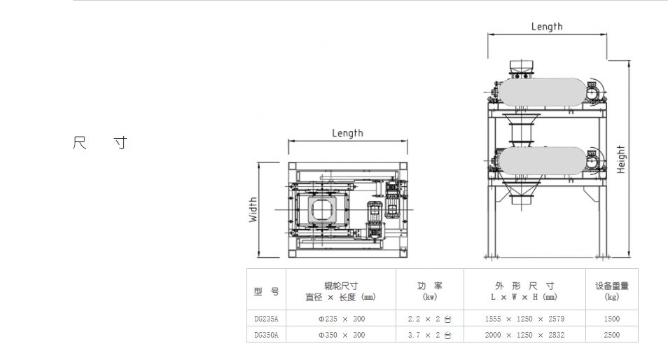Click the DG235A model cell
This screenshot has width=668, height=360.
point(266,319)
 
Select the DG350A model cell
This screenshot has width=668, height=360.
point(266,335)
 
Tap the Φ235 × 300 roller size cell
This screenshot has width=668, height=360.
point(341,319)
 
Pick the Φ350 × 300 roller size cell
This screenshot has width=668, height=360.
point(341,335)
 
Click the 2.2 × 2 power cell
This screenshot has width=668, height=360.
point(429,319)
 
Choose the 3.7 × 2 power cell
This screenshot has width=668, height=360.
point(429,335)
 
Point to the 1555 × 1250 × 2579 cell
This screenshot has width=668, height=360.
point(524,319)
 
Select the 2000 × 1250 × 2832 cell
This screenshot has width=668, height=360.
point(524,335)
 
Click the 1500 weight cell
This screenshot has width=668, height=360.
point(612,319)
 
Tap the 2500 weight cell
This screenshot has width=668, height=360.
point(612,335)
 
